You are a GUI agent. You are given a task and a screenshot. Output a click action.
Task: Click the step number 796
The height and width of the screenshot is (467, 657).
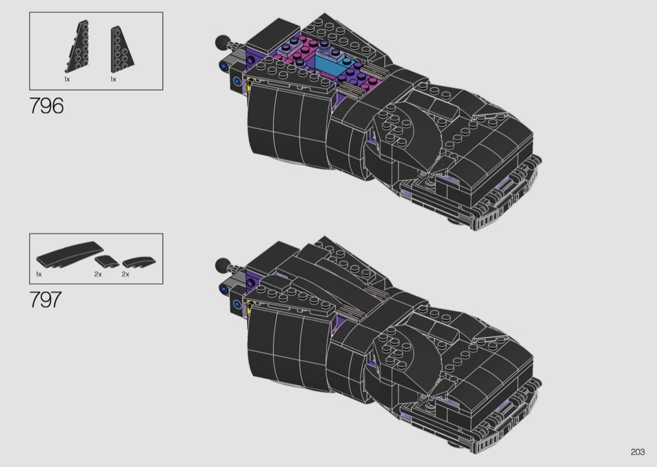[x=46, y=106]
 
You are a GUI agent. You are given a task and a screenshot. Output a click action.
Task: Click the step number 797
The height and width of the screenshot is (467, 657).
[x=46, y=299]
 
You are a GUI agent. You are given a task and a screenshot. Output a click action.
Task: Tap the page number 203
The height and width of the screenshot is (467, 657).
[x=638, y=451]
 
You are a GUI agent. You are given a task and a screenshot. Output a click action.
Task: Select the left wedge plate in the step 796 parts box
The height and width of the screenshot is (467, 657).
[x=78, y=46]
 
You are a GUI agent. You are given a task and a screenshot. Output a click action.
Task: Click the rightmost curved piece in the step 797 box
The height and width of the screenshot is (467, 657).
[x=139, y=262]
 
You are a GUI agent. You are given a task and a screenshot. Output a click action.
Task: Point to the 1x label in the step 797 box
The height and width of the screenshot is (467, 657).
[x=39, y=274]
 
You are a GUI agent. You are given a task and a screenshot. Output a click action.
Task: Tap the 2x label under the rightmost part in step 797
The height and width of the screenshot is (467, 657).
[x=125, y=274]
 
